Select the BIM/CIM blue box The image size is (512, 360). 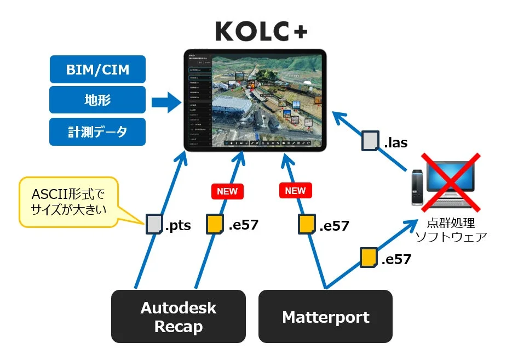[97, 70]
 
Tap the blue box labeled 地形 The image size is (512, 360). [97, 100]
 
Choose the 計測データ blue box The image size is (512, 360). [97, 132]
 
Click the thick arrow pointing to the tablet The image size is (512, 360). [166, 101]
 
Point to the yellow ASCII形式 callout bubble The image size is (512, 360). [68, 201]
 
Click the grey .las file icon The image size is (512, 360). [371, 141]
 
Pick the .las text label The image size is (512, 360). [395, 144]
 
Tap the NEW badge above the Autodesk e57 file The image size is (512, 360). [227, 191]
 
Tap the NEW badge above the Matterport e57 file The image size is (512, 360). [295, 191]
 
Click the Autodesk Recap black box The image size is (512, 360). [179, 316]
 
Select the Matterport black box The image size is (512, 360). [325, 316]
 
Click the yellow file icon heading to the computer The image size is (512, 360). [368, 258]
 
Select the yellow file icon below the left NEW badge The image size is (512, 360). [215, 224]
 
